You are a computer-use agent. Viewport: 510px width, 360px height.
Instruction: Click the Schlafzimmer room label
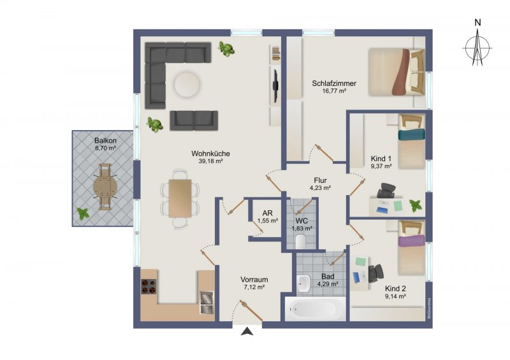click(x=334, y=83)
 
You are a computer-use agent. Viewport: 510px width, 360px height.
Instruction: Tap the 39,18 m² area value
click(x=210, y=161)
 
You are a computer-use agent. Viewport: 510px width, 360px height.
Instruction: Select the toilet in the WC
click(x=301, y=242)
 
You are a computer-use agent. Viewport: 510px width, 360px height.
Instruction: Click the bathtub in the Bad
click(x=315, y=309)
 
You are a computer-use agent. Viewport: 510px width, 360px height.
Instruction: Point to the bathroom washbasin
click(x=304, y=284)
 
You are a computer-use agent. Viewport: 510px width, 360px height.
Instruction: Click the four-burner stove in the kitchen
click(x=149, y=287)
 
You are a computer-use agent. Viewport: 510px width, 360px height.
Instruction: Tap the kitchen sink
click(x=207, y=303)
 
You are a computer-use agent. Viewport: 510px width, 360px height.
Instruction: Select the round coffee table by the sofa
click(x=187, y=84)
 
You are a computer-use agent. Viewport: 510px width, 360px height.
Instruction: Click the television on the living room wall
click(x=275, y=86)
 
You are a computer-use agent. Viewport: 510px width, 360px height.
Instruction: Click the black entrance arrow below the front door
click(x=248, y=331)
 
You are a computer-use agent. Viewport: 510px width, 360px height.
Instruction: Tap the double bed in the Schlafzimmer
click(x=397, y=72)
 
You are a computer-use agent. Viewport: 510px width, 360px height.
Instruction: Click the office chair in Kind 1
click(x=386, y=191)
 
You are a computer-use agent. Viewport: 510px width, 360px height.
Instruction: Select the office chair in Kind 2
click(x=375, y=273)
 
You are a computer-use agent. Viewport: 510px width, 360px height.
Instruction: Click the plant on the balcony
click(x=83, y=213)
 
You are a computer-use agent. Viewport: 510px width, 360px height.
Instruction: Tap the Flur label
click(x=320, y=180)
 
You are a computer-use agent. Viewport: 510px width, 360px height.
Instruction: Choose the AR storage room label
click(x=267, y=213)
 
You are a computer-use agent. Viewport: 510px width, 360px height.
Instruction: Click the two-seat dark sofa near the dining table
click(x=194, y=120)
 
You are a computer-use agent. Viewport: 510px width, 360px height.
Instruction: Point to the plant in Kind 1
click(x=416, y=206)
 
